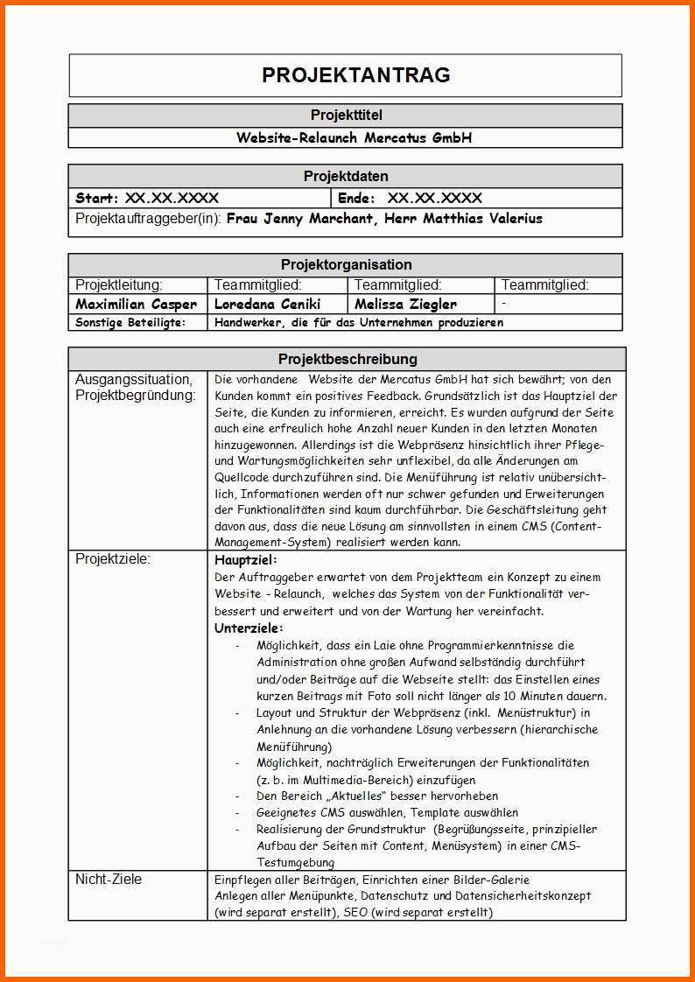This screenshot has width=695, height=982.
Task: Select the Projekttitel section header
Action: tap(346, 116)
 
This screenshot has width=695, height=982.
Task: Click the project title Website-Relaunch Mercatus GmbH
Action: tap(354, 137)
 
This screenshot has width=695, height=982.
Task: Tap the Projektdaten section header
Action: tap(346, 176)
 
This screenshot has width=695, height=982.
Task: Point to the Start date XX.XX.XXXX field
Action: tap(172, 198)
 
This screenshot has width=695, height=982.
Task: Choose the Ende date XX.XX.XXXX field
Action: tap(434, 198)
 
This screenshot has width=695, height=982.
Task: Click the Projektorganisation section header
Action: tap(346, 264)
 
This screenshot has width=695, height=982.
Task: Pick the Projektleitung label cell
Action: tap(119, 284)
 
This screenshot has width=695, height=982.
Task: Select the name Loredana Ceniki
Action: tap(268, 305)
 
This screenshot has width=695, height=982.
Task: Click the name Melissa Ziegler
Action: tap(405, 305)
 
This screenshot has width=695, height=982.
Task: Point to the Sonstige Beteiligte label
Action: tap(130, 322)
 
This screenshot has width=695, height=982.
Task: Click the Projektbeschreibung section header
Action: tap(347, 359)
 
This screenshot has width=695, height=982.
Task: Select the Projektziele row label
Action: tap(113, 559)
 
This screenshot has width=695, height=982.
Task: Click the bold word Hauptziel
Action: tap(245, 559)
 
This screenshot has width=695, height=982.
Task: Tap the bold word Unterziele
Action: tap(249, 628)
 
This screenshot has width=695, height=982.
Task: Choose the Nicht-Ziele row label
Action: tap(109, 879)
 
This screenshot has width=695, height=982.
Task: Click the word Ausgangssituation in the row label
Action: tap(134, 379)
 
